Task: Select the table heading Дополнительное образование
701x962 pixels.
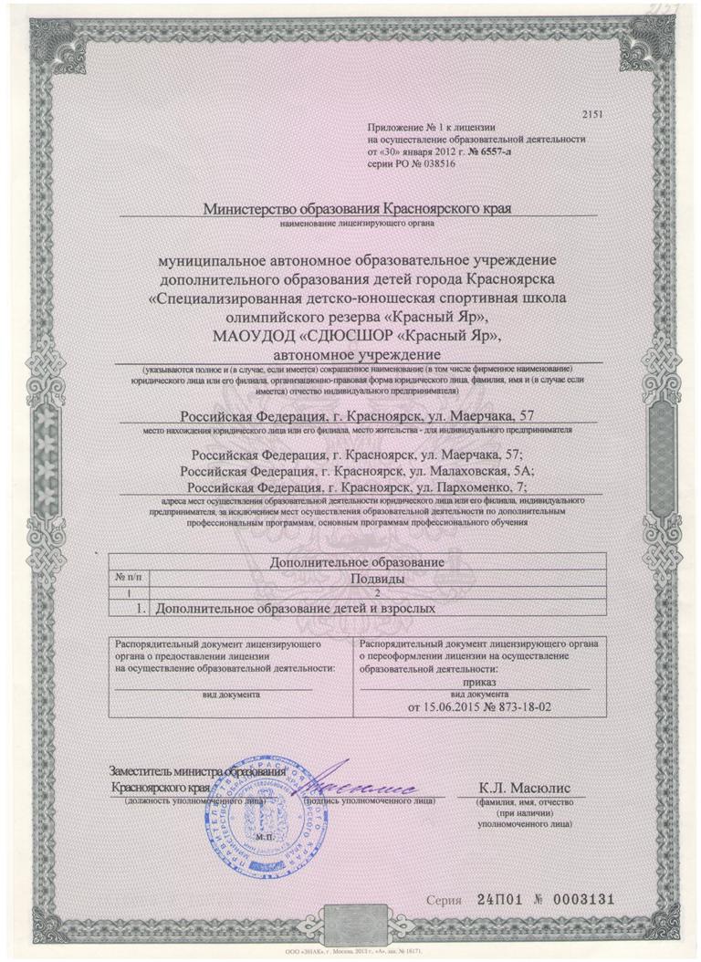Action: coord(357,564)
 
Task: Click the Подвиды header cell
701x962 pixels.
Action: coord(377,579)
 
